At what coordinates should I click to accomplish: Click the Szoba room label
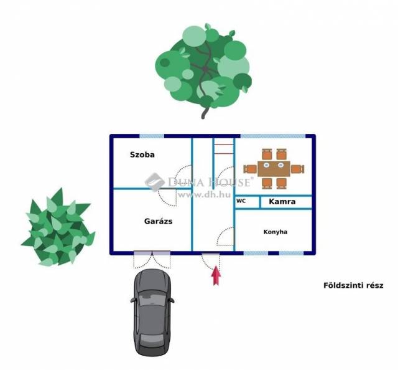(142, 154)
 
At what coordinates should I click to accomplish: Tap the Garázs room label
(158, 221)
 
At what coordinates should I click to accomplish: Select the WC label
(241, 201)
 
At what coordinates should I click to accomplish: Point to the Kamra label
(282, 202)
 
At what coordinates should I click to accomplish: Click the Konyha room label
(275, 232)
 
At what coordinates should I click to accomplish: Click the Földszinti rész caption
(353, 286)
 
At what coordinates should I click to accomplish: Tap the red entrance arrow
(216, 275)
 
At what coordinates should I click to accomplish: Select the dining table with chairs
(274, 168)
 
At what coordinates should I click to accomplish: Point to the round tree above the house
(203, 65)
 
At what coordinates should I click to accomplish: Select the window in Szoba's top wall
(151, 136)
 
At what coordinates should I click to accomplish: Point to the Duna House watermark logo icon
(155, 181)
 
